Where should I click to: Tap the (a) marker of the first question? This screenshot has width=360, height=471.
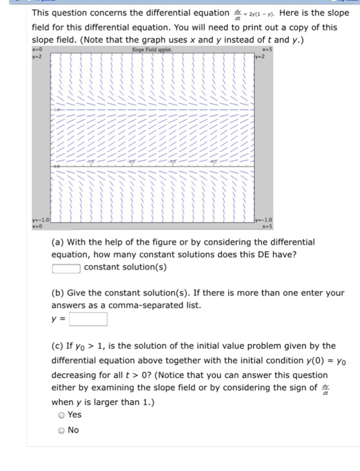59,241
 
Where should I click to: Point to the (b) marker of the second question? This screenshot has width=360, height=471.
59,293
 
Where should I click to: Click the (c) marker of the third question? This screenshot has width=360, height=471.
59,346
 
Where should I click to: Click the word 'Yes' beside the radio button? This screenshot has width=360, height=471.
75,415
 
